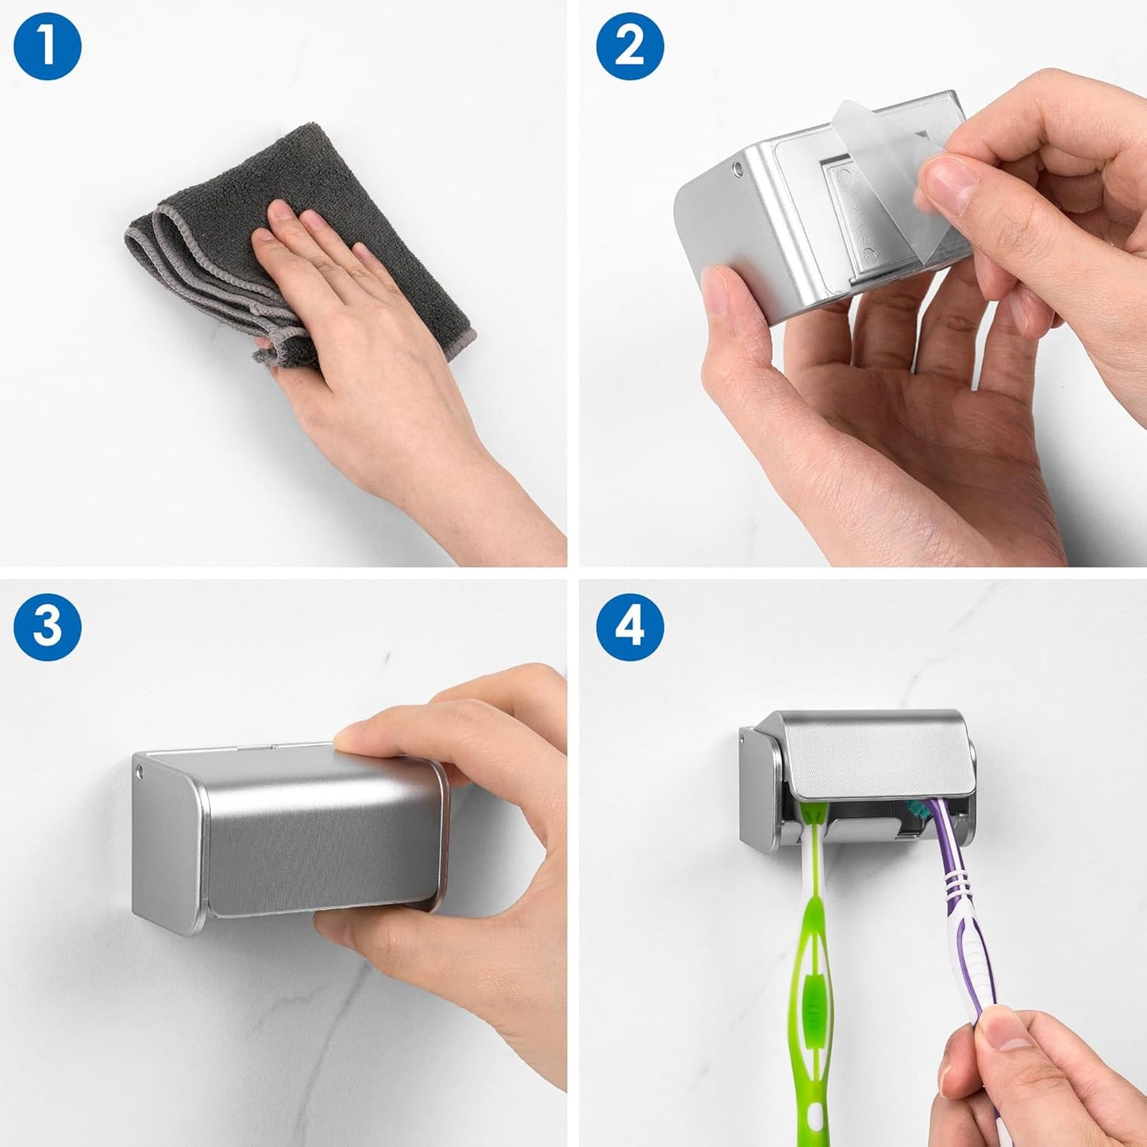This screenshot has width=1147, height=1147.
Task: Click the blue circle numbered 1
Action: (48, 46)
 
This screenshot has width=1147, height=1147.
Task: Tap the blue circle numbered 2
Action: (630, 46)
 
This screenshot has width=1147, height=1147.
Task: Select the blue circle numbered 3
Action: (48, 627)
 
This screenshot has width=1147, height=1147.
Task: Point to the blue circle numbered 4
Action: (630, 627)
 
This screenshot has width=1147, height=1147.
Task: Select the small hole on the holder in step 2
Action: (738, 168)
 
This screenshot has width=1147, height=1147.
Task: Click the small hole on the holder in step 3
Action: (141, 771)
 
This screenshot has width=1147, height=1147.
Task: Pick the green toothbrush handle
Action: (814, 953)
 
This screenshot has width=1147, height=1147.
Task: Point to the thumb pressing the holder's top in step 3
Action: (373, 734)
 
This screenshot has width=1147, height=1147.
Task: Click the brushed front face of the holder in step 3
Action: (318, 841)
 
